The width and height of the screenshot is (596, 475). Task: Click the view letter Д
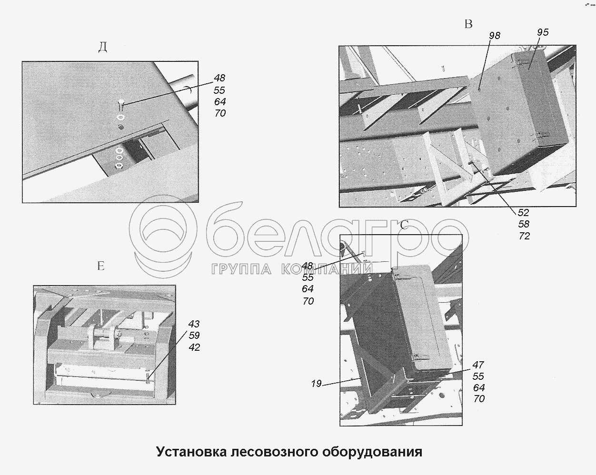click(x=103, y=48)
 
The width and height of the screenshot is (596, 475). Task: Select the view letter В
click(x=468, y=24)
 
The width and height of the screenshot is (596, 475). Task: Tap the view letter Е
click(x=101, y=266)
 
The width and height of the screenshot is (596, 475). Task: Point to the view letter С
click(x=404, y=225)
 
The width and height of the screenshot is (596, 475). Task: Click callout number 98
click(x=495, y=36)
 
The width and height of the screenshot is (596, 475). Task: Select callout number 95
click(x=543, y=32)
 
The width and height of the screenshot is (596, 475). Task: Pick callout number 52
click(x=524, y=213)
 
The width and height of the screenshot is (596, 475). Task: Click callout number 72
click(x=524, y=236)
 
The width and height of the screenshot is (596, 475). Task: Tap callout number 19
click(x=316, y=384)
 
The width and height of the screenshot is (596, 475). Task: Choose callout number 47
click(x=478, y=365)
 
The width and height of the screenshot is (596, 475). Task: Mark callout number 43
click(x=194, y=324)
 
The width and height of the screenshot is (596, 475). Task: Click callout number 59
click(x=194, y=336)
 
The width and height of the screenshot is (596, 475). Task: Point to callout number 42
click(x=194, y=347)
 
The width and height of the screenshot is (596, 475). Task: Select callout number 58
click(x=524, y=224)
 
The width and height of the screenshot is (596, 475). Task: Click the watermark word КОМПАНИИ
click(x=327, y=268)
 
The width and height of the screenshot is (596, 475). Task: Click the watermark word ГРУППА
click(x=242, y=269)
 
